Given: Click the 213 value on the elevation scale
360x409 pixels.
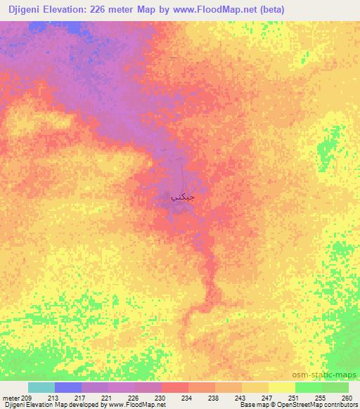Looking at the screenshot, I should (x=53, y=398).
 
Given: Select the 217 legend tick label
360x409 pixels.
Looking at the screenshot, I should (x=79, y=398).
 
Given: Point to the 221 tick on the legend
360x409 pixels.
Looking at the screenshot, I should (x=106, y=398).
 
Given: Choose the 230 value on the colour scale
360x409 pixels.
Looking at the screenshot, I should (x=160, y=398).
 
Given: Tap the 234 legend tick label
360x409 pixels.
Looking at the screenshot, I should (x=186, y=398).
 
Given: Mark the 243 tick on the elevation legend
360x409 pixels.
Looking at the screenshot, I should (x=240, y=398).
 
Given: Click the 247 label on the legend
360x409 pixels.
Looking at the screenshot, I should (x=266, y=398).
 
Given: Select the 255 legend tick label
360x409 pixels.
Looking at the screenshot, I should (x=320, y=398).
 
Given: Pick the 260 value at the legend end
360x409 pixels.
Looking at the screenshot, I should (x=346, y=398).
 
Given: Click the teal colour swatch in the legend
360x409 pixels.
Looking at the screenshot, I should (x=41, y=387).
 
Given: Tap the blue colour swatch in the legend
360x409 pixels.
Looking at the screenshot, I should (x=68, y=387).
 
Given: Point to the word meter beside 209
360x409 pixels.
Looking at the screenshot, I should (x=10, y=398).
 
